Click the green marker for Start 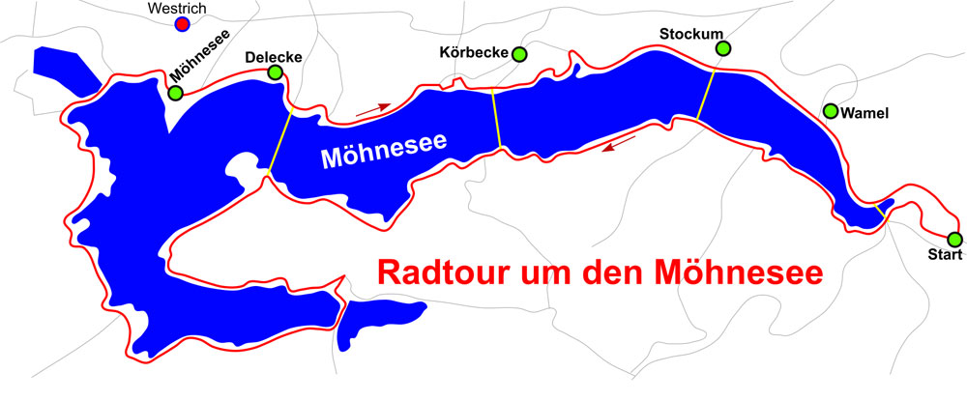(954, 239)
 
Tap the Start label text (944, 256)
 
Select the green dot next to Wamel (831, 111)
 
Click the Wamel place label (864, 114)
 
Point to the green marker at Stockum (722, 48)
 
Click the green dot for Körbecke (520, 54)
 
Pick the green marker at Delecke (276, 72)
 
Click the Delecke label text (274, 57)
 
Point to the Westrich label (182, 8)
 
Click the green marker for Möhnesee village (175, 94)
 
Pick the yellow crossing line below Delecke (279, 142)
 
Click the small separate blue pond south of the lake (383, 318)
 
